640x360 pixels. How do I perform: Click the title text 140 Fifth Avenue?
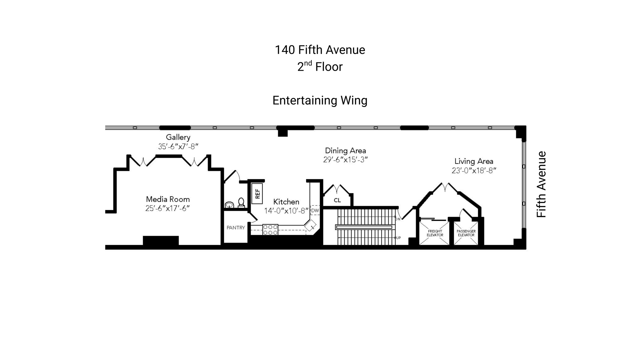click(x=320, y=50)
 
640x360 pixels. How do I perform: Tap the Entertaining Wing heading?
click(x=320, y=100)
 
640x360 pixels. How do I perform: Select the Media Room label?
click(x=168, y=199)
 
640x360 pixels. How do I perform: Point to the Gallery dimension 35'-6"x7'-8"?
click(x=178, y=146)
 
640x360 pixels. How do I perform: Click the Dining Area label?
click(x=345, y=151)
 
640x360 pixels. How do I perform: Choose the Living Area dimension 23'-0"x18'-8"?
click(x=474, y=170)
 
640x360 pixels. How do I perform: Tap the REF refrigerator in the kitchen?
click(x=257, y=194)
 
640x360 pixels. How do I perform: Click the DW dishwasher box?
click(x=315, y=210)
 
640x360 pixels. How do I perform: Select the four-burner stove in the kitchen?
click(x=270, y=230)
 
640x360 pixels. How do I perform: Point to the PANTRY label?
click(x=236, y=228)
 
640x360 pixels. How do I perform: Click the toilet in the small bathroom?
click(x=241, y=203)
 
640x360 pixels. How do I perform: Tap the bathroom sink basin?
click(x=229, y=205)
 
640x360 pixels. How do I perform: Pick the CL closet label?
click(x=337, y=200)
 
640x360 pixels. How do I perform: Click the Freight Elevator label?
click(x=435, y=233)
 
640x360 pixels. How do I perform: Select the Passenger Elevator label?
click(x=466, y=233)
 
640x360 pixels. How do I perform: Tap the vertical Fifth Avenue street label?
click(x=541, y=184)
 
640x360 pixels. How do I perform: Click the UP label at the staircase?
click(x=398, y=238)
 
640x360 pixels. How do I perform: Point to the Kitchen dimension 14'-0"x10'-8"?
click(x=286, y=211)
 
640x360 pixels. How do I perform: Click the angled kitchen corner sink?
click(x=310, y=225)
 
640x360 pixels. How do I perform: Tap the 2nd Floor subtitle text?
click(x=320, y=66)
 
